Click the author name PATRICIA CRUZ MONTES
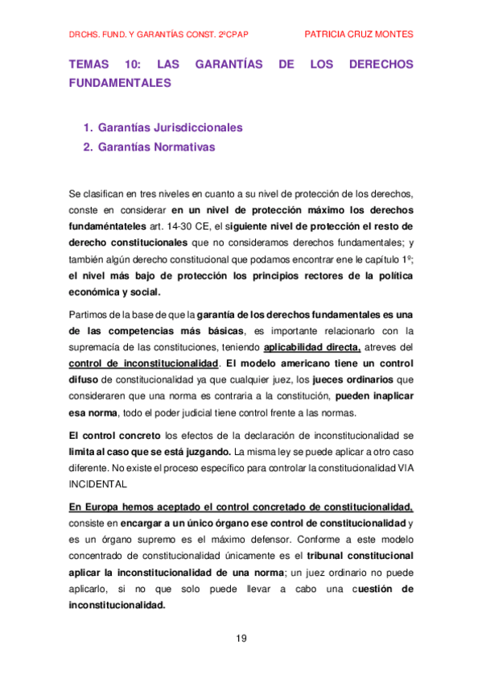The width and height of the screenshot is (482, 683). coord(360,34)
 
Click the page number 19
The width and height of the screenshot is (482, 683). coord(241,639)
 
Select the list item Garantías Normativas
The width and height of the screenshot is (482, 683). coord(156,147)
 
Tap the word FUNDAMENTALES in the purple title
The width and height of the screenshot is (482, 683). coord(120,82)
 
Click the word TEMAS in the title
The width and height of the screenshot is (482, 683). coord(89,64)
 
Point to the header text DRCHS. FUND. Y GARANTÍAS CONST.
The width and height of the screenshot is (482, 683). coord(146,35)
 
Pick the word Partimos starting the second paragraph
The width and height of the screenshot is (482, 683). coord(91,313)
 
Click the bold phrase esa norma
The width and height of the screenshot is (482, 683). coord(92,414)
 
